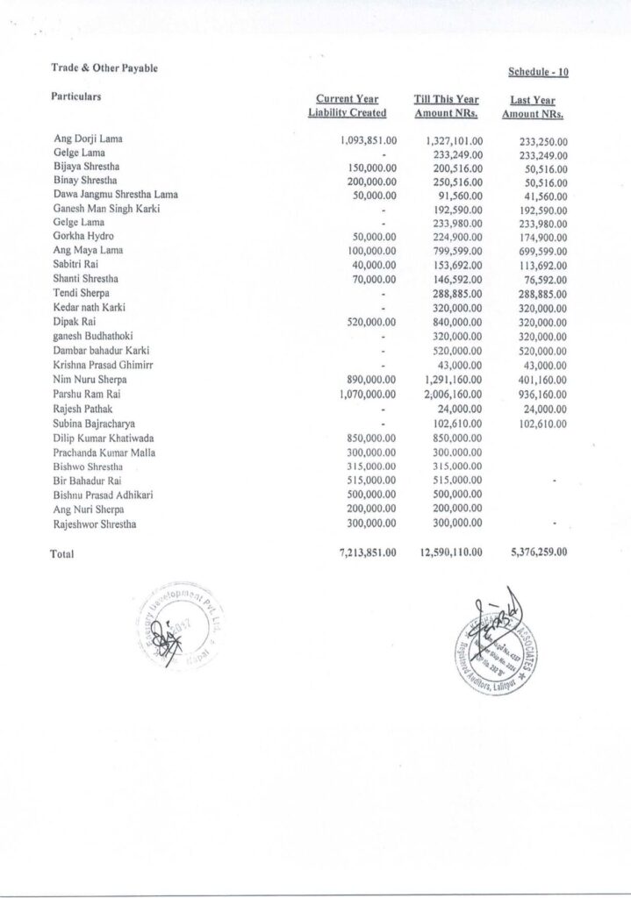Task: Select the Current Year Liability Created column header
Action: [348, 106]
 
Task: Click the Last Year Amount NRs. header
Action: [533, 108]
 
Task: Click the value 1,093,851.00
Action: [369, 139]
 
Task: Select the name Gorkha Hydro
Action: [82, 238]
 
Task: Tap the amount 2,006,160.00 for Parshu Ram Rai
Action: [448, 396]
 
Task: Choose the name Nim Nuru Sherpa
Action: [90, 381]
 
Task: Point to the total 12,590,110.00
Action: [447, 552]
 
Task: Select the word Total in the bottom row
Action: [63, 554]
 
